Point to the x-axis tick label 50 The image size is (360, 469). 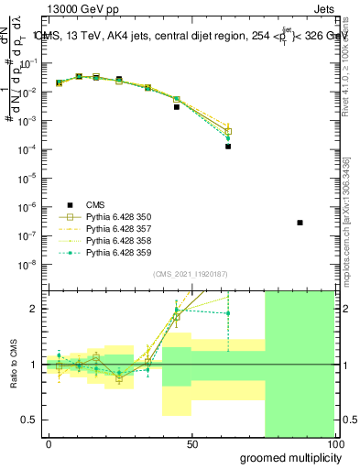[x=192, y=444]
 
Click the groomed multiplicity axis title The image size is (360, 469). [x=289, y=457]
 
